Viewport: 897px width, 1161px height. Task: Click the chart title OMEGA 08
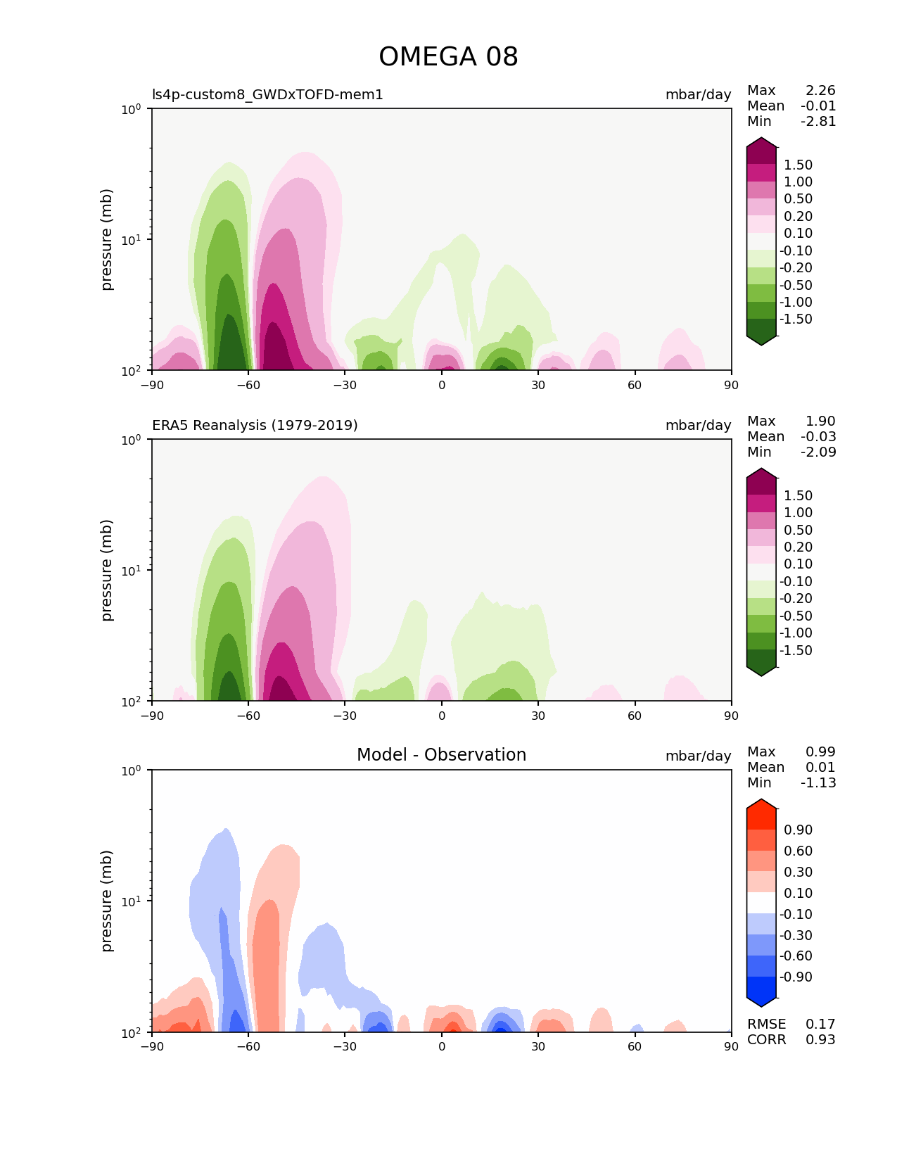pyautogui.click(x=448, y=57)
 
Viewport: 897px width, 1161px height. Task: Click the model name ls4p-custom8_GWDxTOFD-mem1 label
pyautogui.click(x=267, y=94)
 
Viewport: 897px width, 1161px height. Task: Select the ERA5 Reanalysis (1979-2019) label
pyautogui.click(x=255, y=425)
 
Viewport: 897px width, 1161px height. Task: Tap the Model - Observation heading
pyautogui.click(x=441, y=755)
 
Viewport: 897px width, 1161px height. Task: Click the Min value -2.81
pyautogui.click(x=818, y=121)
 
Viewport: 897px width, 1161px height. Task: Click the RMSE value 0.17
pyautogui.click(x=820, y=1024)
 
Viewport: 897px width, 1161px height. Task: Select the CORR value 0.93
pyautogui.click(x=820, y=1039)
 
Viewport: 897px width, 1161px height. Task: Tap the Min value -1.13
pyautogui.click(x=818, y=782)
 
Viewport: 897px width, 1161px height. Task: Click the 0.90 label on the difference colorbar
pyautogui.click(x=798, y=830)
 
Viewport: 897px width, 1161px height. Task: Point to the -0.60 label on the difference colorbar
pyautogui.click(x=796, y=956)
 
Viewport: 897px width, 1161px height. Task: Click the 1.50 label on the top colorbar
pyautogui.click(x=798, y=165)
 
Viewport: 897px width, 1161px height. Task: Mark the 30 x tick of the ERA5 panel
pyautogui.click(x=538, y=716)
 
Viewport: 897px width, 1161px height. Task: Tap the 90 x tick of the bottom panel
pyautogui.click(x=732, y=1046)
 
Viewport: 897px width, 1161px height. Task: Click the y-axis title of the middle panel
pyautogui.click(x=107, y=570)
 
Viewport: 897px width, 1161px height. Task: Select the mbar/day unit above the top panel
pyautogui.click(x=698, y=94)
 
